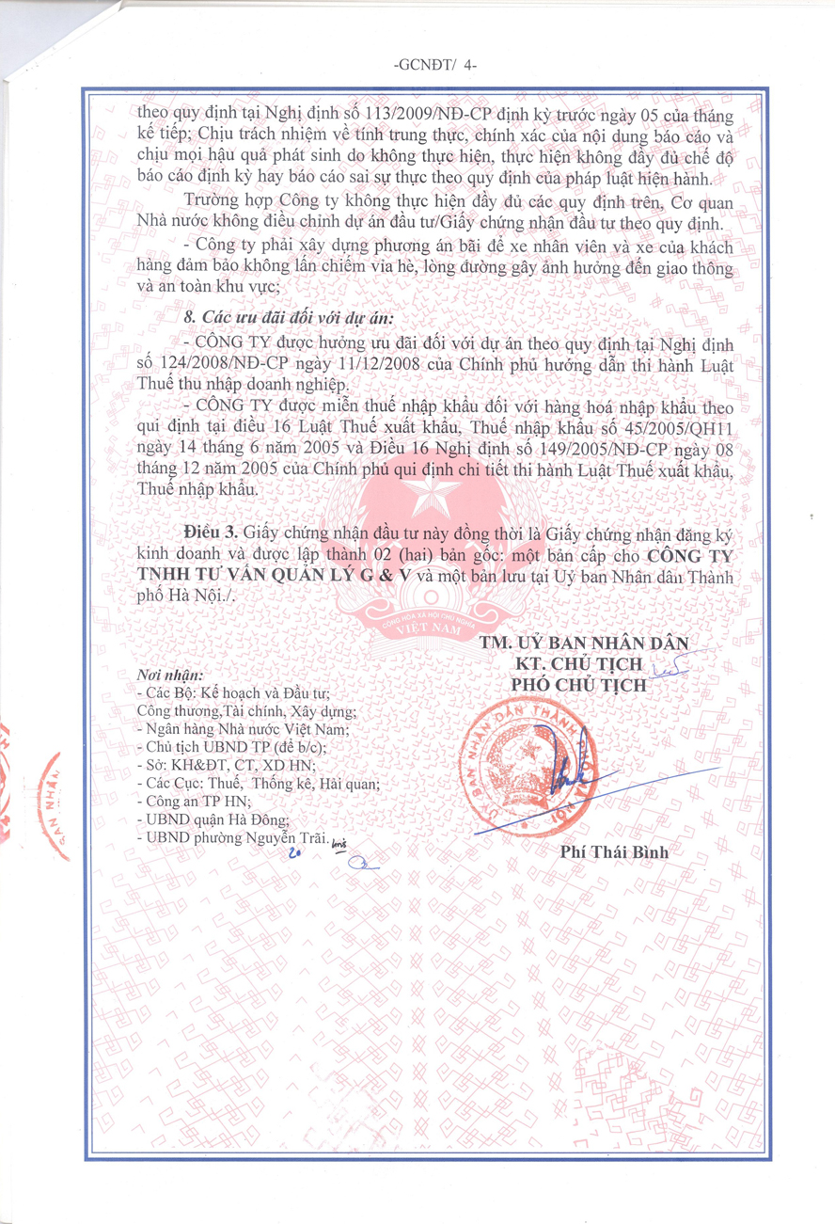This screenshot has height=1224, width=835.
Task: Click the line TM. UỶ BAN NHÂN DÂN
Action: [x=584, y=644]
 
